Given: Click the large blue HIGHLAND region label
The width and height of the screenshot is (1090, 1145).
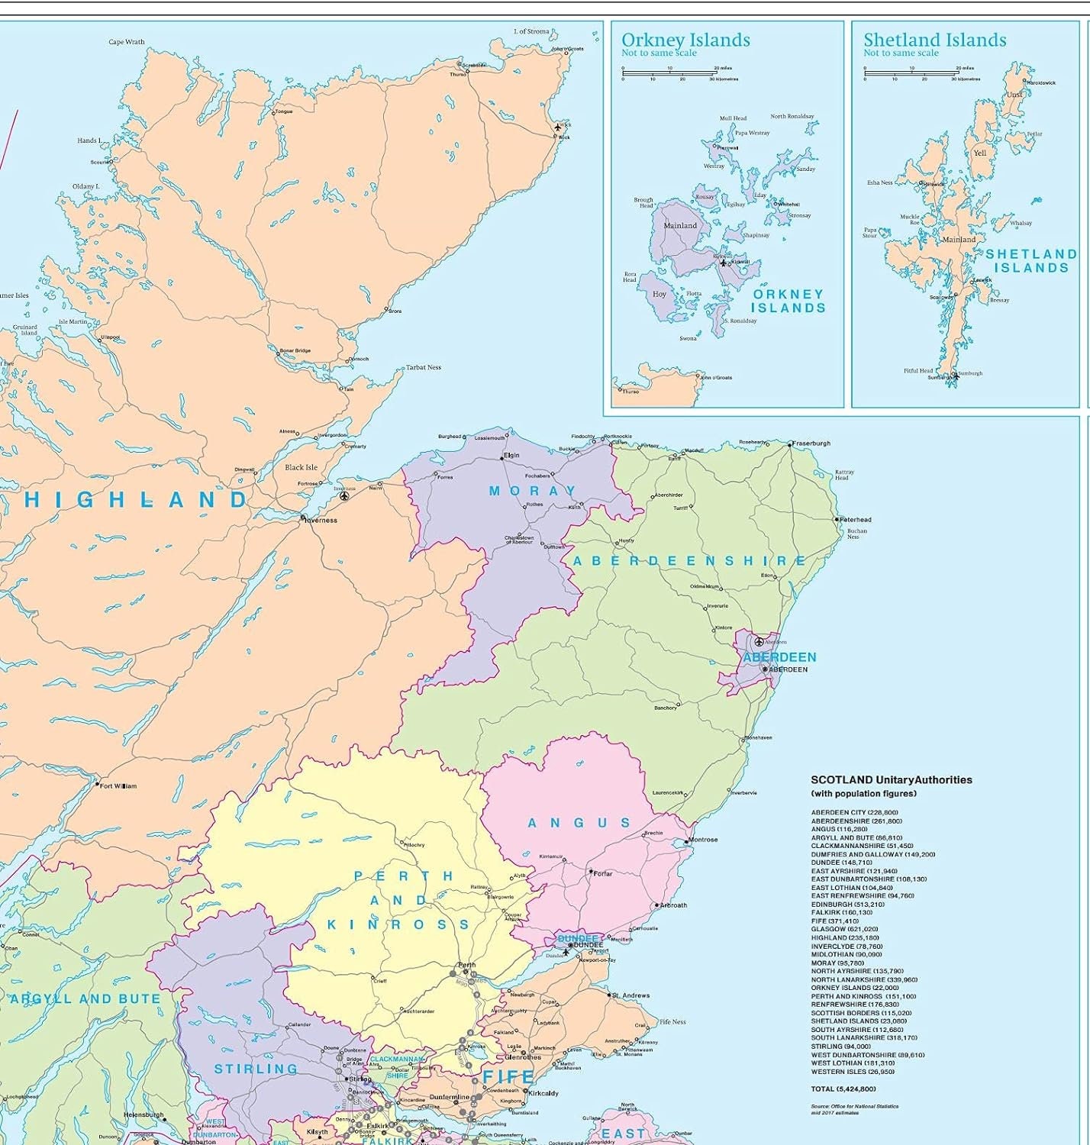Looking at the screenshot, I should [136, 500].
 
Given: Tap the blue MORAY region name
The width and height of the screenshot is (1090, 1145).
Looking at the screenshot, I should [532, 491].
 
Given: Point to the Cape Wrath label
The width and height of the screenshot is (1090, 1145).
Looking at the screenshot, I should [127, 43].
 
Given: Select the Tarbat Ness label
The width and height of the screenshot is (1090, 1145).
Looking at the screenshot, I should [423, 367].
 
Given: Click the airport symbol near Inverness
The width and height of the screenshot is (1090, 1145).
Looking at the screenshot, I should [344, 496].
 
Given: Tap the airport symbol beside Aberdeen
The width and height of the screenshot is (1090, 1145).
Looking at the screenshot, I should [758, 641].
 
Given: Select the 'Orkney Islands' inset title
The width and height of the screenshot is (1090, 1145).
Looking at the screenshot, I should [685, 40].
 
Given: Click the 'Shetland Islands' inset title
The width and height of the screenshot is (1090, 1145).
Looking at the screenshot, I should [934, 40].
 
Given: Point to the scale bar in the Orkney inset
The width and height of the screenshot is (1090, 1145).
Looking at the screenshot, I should [668, 73].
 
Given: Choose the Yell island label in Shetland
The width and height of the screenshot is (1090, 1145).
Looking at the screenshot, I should [980, 153].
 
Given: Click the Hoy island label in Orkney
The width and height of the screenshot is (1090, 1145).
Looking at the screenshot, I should [659, 294].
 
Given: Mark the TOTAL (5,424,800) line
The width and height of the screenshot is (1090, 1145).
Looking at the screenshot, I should [843, 1089].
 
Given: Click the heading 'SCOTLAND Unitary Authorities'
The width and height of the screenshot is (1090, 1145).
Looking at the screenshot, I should [891, 780].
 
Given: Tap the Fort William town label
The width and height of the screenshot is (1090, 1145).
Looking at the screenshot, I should [118, 785].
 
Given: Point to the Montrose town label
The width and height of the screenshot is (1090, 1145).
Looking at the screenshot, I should [702, 840].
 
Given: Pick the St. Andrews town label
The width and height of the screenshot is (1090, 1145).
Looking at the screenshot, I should [630, 995].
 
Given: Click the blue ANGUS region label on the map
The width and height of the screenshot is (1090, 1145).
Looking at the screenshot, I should [579, 823].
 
